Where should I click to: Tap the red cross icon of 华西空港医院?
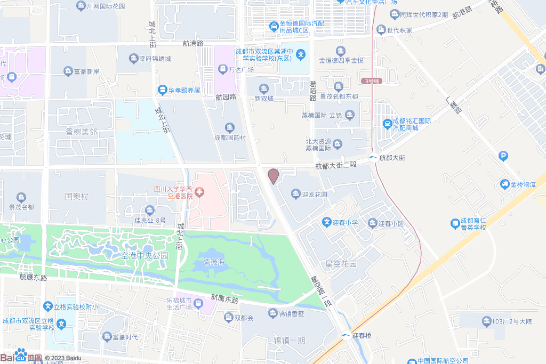200,192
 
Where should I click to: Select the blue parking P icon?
503,156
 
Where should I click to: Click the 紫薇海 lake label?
213,262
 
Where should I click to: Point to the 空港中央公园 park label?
144,256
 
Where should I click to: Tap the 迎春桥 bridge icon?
346,335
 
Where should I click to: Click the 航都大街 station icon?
374,158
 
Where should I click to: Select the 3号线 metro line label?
373,81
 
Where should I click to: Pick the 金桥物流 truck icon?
504,184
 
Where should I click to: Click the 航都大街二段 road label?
335,166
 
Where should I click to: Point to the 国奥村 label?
76,196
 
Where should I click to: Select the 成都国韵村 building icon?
230,127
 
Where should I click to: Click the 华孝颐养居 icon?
162,90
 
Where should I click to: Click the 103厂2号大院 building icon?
486,321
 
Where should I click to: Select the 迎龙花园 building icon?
295,195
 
